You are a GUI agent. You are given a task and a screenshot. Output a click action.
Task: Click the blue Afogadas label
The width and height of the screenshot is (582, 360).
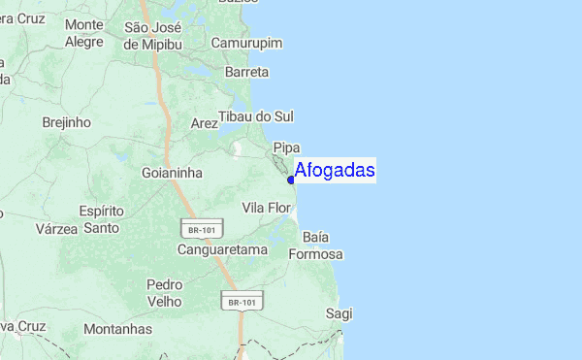pyautogui.click(x=335, y=171)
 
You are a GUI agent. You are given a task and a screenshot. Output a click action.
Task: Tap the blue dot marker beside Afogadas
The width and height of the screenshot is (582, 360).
pyautogui.click(x=291, y=179)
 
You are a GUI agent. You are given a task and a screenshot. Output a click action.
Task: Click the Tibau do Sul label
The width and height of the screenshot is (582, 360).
pyautogui.click(x=256, y=116)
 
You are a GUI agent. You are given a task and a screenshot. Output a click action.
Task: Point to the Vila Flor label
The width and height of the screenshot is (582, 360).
pyautogui.click(x=266, y=208)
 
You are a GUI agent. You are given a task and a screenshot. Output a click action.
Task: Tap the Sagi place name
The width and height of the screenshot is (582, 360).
pyautogui.click(x=339, y=313)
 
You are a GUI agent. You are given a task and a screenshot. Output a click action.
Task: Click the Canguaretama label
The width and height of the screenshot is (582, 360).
pyautogui.click(x=222, y=249)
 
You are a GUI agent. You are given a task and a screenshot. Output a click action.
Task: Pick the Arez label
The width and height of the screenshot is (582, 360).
pyautogui.click(x=205, y=123)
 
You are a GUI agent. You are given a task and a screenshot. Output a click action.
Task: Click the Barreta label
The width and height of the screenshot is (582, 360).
pyautogui.click(x=246, y=72)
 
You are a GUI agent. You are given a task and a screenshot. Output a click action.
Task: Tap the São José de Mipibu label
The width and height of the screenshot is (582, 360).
pyautogui.click(x=153, y=35)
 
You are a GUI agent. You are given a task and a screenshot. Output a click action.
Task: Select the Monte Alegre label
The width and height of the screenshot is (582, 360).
pyautogui.click(x=84, y=33)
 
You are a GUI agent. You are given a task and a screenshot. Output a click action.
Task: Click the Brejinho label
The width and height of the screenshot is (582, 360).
pyautogui.click(x=67, y=123)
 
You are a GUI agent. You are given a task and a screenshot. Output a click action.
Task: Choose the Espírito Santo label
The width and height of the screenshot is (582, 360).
pyautogui.click(x=102, y=219)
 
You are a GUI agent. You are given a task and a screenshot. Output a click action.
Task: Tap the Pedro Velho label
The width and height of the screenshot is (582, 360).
pyautogui.click(x=164, y=293)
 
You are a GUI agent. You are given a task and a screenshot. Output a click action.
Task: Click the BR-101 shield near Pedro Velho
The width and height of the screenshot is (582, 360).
pyautogui.click(x=243, y=302)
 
